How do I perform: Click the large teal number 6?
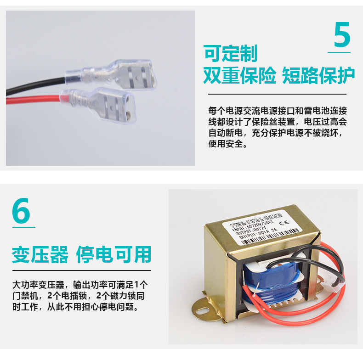tap(22, 211)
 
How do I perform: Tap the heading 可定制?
tap(231, 54)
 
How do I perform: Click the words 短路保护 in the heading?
tap(318, 75)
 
